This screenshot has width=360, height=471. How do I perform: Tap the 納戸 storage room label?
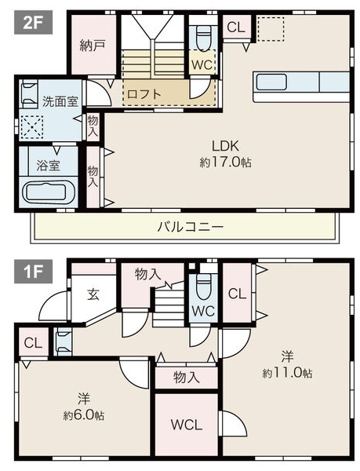pos(93,46)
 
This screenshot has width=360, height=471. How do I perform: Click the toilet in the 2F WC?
pos(203,36)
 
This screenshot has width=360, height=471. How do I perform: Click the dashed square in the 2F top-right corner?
pos(271,29)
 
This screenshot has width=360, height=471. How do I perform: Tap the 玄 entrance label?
pos(93,294)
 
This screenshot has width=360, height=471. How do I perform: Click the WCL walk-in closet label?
pos(187,425)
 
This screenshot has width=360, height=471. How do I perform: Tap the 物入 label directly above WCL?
pos(186,378)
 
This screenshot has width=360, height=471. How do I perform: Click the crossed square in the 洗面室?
pos(32,126)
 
